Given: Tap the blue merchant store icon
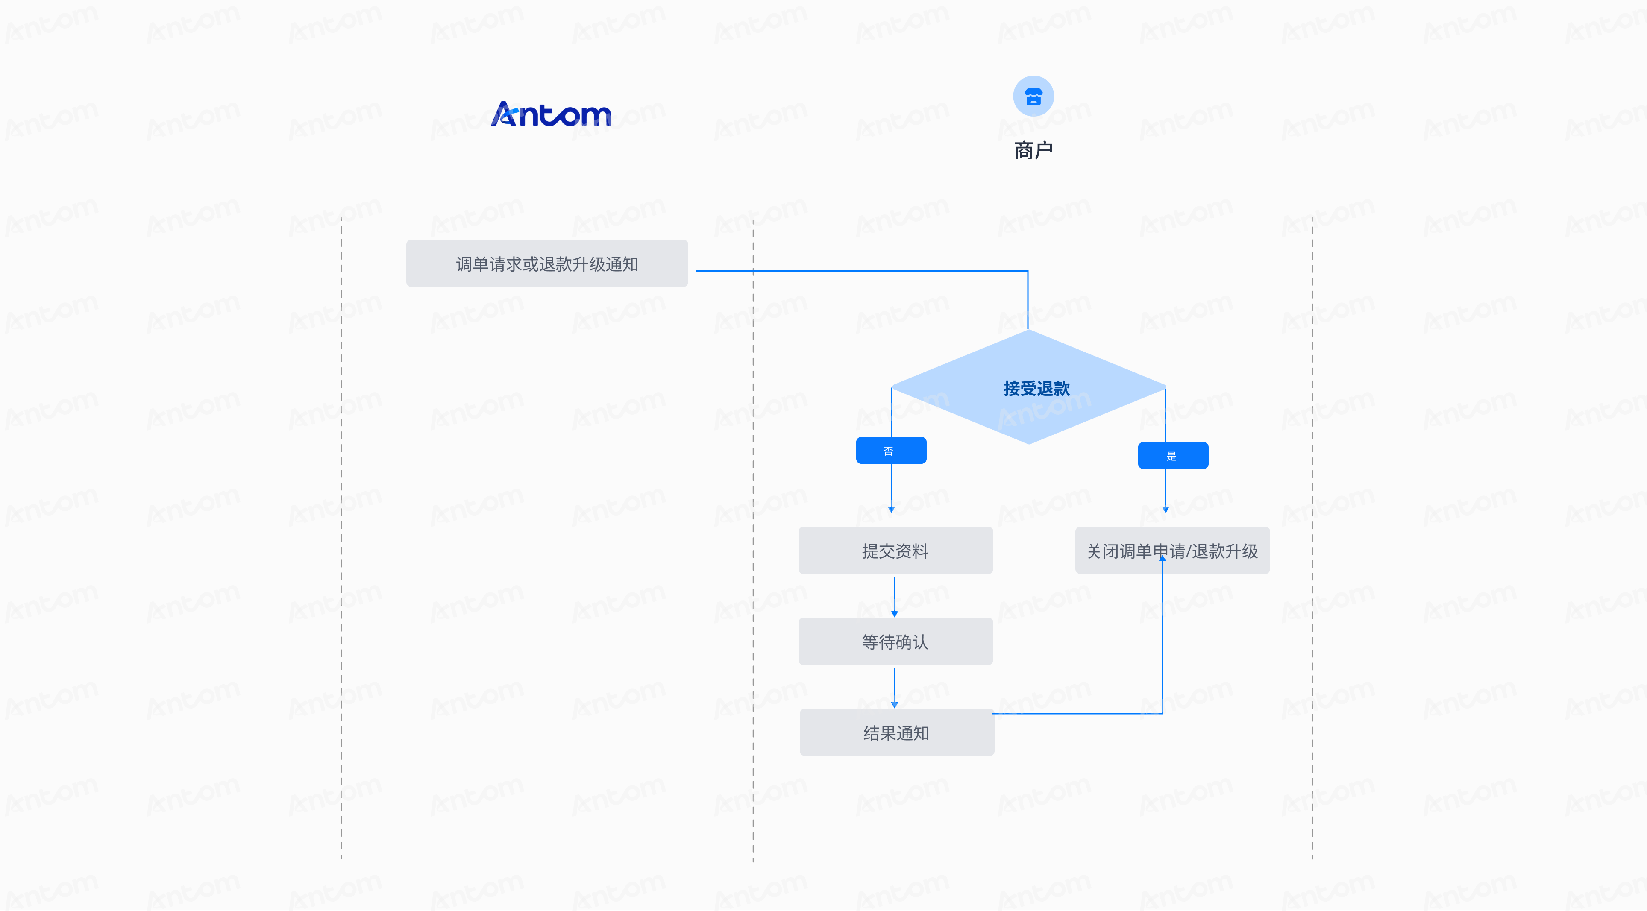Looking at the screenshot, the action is [1033, 96].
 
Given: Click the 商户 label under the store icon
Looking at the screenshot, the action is [1033, 150].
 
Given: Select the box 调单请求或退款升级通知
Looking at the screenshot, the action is [547, 264].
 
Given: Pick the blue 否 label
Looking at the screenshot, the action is [891, 451].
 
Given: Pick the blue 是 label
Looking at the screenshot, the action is [1173, 456].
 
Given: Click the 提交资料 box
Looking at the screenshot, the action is [895, 551].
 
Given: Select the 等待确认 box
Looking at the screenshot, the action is [895, 641].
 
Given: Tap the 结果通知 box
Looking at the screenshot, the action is [896, 732].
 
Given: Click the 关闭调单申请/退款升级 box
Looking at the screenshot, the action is [1172, 551].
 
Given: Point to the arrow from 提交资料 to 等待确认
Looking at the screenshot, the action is [895, 597].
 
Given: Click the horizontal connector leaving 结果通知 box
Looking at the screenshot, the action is [1077, 713].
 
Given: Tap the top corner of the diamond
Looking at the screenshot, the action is [1028, 329].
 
